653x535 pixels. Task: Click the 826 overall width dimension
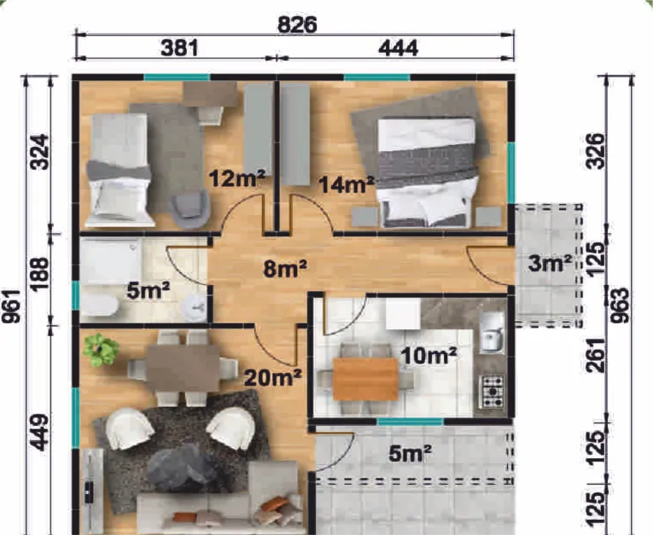click(297, 25)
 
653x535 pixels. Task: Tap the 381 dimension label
click(179, 48)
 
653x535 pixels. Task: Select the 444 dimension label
click(398, 49)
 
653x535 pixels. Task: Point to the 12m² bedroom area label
click(237, 178)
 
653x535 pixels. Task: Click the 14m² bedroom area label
click(347, 184)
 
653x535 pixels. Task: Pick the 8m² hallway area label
click(285, 269)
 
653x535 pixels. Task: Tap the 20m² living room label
click(273, 378)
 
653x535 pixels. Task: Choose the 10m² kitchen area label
click(429, 355)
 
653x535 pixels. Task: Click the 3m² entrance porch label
click(550, 263)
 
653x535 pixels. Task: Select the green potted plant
click(100, 350)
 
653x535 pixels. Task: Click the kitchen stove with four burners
click(492, 392)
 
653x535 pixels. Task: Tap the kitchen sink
click(492, 332)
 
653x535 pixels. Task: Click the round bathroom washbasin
click(195, 307)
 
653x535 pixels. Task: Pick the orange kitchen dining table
click(365, 379)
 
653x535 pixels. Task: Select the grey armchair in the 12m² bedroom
click(189, 209)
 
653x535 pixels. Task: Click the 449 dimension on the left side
click(40, 433)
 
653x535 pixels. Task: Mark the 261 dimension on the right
click(597, 355)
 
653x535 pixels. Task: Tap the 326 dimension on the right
click(595, 151)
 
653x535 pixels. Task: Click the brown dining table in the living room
click(184, 368)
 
